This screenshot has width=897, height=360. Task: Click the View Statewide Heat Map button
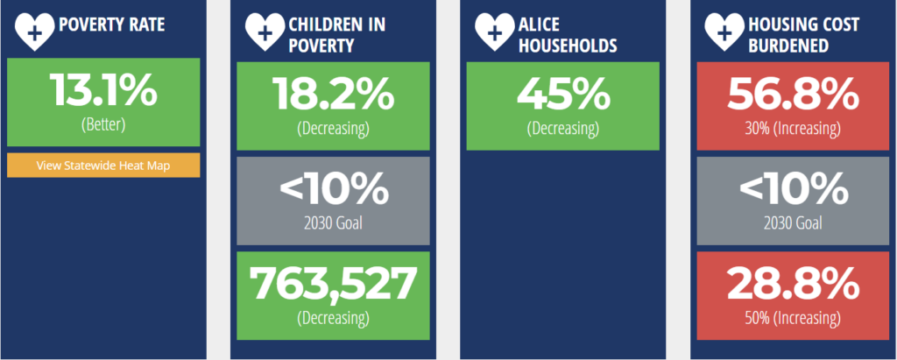click(x=103, y=166)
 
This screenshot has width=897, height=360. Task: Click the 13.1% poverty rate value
click(x=103, y=90)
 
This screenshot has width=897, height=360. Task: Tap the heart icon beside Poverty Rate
click(x=34, y=32)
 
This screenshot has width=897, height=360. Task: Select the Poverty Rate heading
click(x=112, y=25)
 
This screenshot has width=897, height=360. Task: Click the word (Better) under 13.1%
click(x=103, y=124)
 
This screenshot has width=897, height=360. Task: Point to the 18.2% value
click(x=333, y=94)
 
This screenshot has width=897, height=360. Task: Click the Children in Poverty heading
click(x=337, y=35)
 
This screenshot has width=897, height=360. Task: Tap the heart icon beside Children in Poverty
click(x=265, y=32)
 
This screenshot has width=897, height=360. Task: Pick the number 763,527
click(x=333, y=284)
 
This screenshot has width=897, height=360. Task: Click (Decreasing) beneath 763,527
click(x=333, y=318)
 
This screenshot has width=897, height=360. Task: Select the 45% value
click(x=563, y=94)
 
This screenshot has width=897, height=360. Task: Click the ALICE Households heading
click(x=568, y=35)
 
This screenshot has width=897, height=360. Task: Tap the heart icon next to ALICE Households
click(x=495, y=32)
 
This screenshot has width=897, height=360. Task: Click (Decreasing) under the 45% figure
click(x=563, y=128)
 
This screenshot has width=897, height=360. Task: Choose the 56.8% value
click(x=793, y=94)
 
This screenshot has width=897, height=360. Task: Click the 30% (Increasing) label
click(x=793, y=128)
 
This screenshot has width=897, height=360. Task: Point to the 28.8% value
click(x=793, y=284)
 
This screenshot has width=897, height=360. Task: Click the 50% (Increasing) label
click(x=793, y=318)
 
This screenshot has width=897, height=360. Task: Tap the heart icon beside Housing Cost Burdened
click(x=724, y=32)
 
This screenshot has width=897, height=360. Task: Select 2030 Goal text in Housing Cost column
click(x=793, y=222)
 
